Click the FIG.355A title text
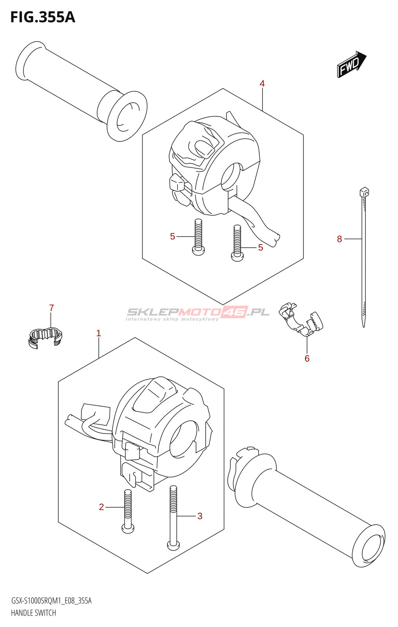click(x=42, y=17)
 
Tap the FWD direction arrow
click(x=351, y=64)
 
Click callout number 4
click(x=262, y=83)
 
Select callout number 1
click(x=99, y=333)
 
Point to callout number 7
click(x=51, y=308)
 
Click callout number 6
click(x=307, y=359)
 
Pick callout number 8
click(x=339, y=239)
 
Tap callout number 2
click(x=101, y=507)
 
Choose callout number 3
click(x=200, y=516)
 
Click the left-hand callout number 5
click(x=172, y=236)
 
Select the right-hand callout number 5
click(x=261, y=247)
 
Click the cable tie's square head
click(x=364, y=192)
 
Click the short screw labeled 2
click(x=128, y=512)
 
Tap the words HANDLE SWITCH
click(x=33, y=613)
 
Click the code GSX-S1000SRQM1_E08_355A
click(x=51, y=601)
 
